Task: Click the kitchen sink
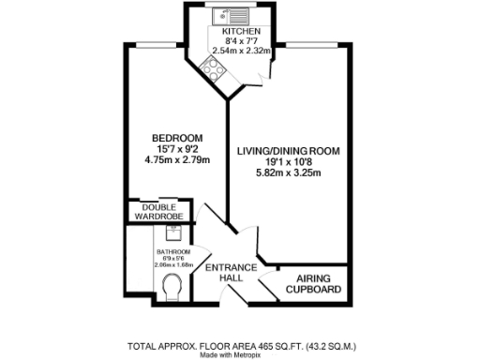pyautogui.click(x=228, y=15)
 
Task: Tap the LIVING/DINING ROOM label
pyautogui.click(x=288, y=150)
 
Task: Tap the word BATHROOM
pyautogui.click(x=172, y=252)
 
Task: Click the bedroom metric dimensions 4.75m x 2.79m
pyautogui.click(x=176, y=159)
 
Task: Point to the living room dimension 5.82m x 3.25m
pyautogui.click(x=288, y=172)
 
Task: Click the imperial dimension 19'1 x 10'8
pyautogui.click(x=288, y=160)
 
